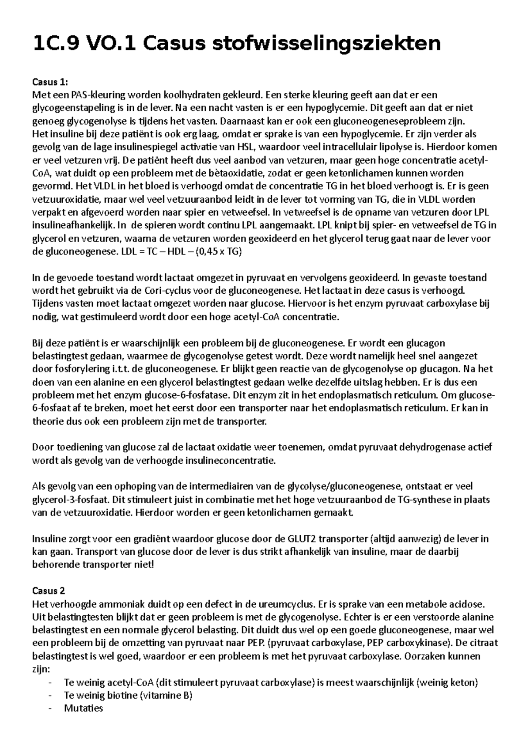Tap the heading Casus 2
(49, 591)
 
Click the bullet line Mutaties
(83, 708)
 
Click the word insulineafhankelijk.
(74, 225)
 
